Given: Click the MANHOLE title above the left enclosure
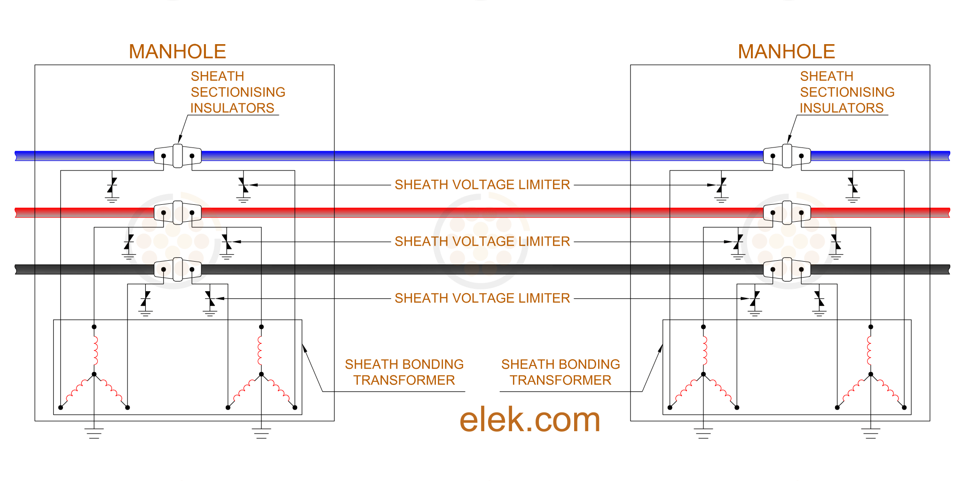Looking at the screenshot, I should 177,52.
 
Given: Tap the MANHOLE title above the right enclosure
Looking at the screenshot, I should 786,52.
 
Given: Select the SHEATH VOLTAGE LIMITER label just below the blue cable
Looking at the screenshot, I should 482,185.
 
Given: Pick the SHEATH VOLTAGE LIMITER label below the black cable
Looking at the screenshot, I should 482,298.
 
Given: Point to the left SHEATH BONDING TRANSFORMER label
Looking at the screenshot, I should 404,372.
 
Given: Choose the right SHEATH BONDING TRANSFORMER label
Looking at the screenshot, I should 560,372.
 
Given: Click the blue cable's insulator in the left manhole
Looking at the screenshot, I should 178,155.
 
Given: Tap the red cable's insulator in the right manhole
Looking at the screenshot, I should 787,212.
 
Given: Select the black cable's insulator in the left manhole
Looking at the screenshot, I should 178,269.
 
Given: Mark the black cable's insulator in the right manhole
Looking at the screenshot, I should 787,269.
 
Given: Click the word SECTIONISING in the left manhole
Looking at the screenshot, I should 238,92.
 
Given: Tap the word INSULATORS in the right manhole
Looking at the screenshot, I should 842,108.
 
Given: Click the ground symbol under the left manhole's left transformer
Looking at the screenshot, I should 94,433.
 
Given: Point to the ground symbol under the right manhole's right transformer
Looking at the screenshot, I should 870,433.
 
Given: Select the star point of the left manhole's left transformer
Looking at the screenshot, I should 94,374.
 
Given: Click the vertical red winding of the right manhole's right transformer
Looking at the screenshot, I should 869,350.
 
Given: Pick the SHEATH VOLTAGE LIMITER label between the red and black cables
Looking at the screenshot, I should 482,241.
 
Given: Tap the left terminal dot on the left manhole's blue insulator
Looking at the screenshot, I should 163,156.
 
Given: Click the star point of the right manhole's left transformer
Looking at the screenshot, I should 703,374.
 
